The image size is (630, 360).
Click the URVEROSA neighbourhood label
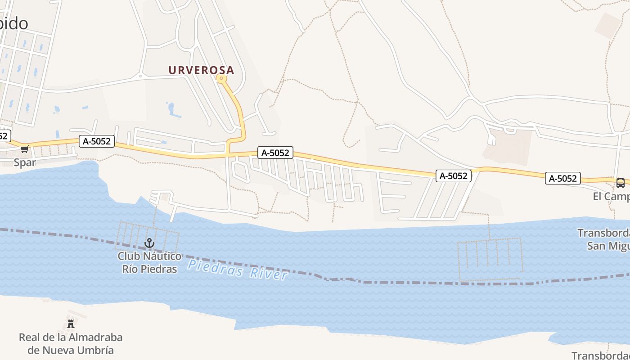[x=201, y=70]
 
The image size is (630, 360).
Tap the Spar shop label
[x=25, y=162]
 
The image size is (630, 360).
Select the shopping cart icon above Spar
[x=24, y=149]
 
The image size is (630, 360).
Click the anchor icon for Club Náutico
[x=149, y=243]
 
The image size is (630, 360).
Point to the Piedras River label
[x=238, y=269]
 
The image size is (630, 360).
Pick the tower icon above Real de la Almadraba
[x=70, y=324]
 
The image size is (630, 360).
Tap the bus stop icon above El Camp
[x=620, y=183]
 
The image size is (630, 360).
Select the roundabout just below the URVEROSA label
[x=221, y=79]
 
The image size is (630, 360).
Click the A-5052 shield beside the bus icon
[x=563, y=178]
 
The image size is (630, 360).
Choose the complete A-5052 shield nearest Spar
[x=97, y=141]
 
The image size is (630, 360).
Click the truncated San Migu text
[x=608, y=246]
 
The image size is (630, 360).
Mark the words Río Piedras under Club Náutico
[x=149, y=269]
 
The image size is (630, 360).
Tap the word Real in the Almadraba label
[x=29, y=337]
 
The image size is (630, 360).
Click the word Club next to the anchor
[x=128, y=256]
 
